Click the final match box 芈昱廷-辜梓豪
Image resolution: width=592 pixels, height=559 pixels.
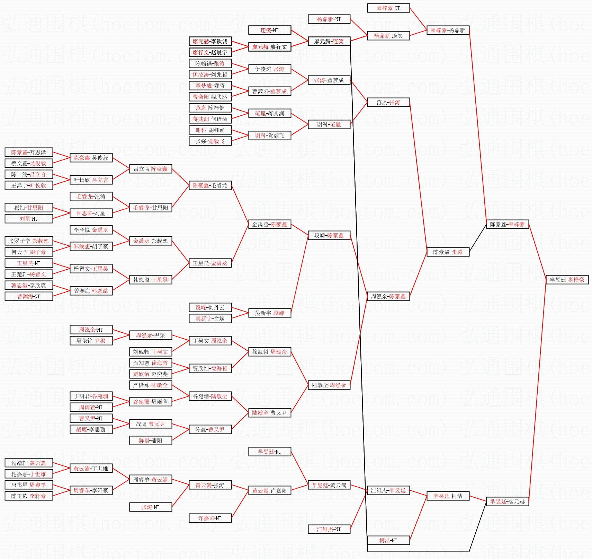pyautogui.click(x=567, y=280)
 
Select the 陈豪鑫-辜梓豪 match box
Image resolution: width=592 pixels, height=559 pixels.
pyautogui.click(x=507, y=224)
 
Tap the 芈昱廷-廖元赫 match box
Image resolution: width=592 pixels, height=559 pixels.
pyautogui.click(x=507, y=501)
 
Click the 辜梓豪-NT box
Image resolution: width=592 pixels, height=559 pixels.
pyautogui.click(x=388, y=8)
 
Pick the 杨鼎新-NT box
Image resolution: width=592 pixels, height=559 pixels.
pyautogui.click(x=329, y=19)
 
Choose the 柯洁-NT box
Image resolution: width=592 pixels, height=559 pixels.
pyautogui.click(x=388, y=540)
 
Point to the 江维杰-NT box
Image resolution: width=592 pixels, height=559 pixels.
pyautogui.click(x=329, y=529)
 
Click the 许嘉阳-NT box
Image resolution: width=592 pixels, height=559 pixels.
pyautogui.click(x=210, y=518)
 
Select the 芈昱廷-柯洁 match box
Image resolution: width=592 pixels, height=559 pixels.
pyautogui.click(x=448, y=496)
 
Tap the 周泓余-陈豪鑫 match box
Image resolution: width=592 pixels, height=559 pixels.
pyautogui.click(x=388, y=296)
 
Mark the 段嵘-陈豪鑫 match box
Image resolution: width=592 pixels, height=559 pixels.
pyautogui.click(x=329, y=235)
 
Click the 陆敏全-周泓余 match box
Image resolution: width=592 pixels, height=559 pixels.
pyautogui.click(x=329, y=385)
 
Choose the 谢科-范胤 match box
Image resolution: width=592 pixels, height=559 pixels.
pyautogui.click(x=329, y=124)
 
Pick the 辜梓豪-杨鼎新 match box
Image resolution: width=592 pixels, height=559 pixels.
pyautogui.click(x=448, y=30)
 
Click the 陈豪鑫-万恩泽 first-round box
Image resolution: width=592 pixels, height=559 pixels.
pyautogui.click(x=29, y=152)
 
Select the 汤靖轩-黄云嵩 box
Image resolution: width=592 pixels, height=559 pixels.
pyautogui.click(x=29, y=463)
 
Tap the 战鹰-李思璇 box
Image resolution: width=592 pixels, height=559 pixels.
pyautogui.click(x=91, y=429)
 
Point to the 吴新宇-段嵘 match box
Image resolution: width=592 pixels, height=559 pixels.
pyautogui.click(x=269, y=313)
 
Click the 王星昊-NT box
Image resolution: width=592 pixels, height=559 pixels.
pyautogui.click(x=29, y=263)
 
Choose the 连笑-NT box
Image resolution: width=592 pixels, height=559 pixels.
pyautogui.click(x=269, y=30)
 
